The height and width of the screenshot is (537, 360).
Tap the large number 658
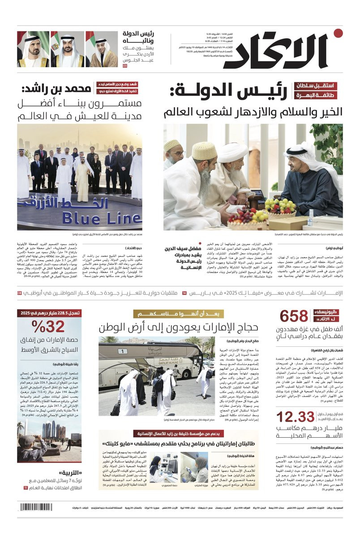pyautogui.click(x=294, y=316)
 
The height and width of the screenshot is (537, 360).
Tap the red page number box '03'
pyautogui.click(x=125, y=66)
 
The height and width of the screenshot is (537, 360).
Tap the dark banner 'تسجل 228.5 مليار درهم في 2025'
pyautogui.click(x=49, y=313)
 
